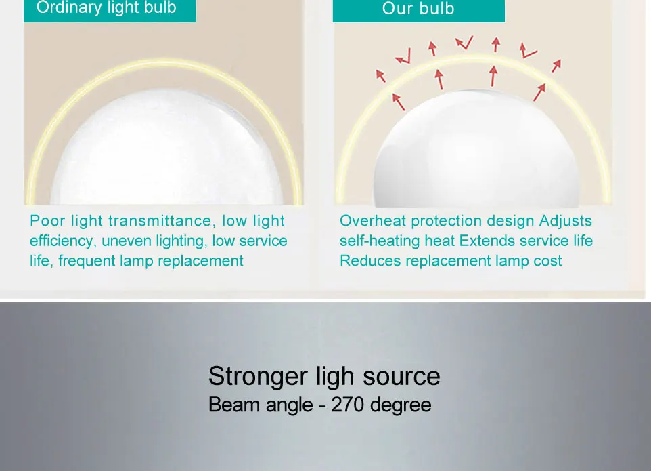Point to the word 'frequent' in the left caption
point(87,261)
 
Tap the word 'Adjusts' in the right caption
point(566,221)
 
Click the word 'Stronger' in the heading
point(258,377)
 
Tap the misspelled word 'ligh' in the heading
point(335,377)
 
